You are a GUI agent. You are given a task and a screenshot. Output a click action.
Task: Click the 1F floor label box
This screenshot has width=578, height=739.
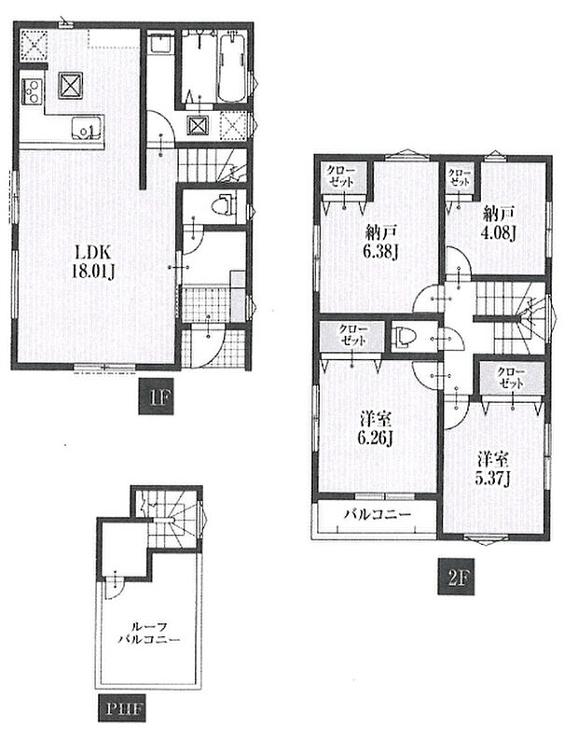pos(156,397)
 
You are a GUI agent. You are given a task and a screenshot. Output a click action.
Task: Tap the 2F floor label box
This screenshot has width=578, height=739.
pos(456,576)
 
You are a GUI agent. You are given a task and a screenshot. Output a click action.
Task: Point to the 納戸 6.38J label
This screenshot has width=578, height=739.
pos(381,243)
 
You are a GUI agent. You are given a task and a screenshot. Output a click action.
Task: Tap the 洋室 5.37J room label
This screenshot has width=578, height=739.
pos(493,469)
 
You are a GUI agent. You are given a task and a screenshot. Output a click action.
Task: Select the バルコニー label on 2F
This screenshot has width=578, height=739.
pos(377,514)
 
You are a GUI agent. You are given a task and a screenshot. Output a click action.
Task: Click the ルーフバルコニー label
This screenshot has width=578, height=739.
pos(149,633)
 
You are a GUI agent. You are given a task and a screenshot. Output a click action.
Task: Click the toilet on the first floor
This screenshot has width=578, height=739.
pos(224,206)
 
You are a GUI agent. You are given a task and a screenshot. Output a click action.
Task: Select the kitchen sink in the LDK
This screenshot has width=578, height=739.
pos(87,128)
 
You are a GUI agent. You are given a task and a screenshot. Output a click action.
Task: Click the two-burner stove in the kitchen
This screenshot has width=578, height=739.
pos(32,91)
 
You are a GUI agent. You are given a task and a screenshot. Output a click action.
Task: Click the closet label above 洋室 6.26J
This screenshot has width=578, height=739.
pos(352,335)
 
